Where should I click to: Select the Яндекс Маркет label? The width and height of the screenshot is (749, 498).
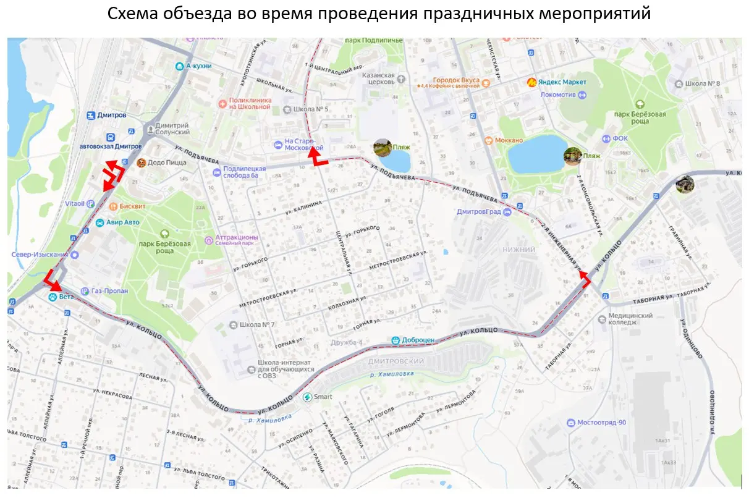pyautogui.click(x=563, y=82)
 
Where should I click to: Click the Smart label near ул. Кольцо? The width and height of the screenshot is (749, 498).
pyautogui.click(x=323, y=397)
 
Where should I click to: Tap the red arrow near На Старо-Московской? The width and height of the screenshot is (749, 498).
pyautogui.click(x=316, y=156)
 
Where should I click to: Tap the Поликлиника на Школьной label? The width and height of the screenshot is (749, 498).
pyautogui.click(x=250, y=103)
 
